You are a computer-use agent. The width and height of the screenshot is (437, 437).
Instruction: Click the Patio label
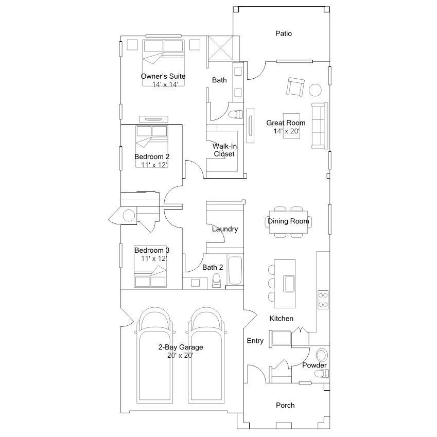coord(284,33)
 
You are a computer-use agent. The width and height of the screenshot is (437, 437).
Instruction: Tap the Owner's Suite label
coord(163,76)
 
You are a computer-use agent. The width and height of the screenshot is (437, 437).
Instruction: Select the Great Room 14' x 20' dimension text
coord(287,131)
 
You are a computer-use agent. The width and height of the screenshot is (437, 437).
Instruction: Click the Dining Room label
coord(288,221)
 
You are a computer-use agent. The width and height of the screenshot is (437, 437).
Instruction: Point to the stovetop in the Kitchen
coord(323,300)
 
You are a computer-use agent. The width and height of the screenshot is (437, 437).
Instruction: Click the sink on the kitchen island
coord(289,284)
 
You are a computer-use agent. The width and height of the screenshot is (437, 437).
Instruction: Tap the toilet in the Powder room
coord(323,373)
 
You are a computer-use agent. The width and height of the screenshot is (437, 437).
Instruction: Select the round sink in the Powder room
coord(322,355)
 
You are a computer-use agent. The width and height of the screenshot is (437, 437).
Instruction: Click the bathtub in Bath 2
coord(235,270)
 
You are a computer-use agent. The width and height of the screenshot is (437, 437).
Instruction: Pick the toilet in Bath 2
coord(216,281)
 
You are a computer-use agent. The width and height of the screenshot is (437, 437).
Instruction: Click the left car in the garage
coord(155,355)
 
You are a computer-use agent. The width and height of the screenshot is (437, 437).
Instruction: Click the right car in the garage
coord(206,355)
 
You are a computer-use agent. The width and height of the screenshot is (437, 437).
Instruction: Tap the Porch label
coord(285,405)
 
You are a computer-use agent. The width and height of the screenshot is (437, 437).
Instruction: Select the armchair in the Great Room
coord(295,87)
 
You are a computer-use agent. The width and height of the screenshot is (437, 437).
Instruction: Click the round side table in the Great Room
coord(315,90)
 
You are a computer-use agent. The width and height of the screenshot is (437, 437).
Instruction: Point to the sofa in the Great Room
coord(320,126)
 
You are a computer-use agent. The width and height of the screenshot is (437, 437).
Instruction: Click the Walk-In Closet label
coord(224,150)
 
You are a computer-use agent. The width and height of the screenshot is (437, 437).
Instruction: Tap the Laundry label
coord(224,229)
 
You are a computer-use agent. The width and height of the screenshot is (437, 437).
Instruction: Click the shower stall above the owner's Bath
coord(221,48)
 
